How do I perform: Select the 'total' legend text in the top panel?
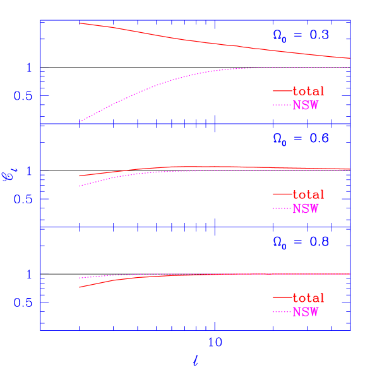pos(309,92)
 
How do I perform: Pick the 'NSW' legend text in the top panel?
pos(306,105)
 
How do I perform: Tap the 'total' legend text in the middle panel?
pos(309,194)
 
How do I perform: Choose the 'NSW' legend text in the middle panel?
pos(306,208)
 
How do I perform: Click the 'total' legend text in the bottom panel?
pos(309,298)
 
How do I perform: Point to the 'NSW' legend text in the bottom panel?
pos(306,312)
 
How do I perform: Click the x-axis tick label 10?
pos(215,343)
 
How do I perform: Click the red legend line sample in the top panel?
pos(282,92)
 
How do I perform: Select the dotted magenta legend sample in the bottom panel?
pos(282,312)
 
